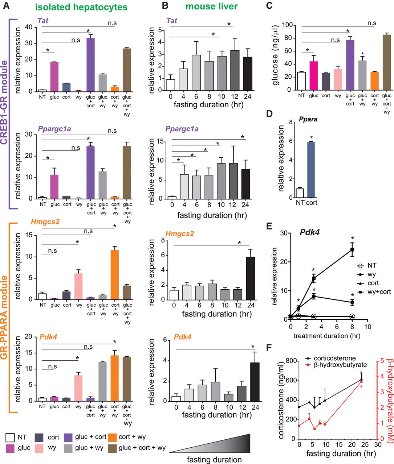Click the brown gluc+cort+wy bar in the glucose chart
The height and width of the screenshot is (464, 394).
pyautogui.click(x=386, y=62)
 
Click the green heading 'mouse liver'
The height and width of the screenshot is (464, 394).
pyautogui.click(x=211, y=6)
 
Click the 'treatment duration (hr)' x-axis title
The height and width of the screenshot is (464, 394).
pyautogui.click(x=327, y=336)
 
